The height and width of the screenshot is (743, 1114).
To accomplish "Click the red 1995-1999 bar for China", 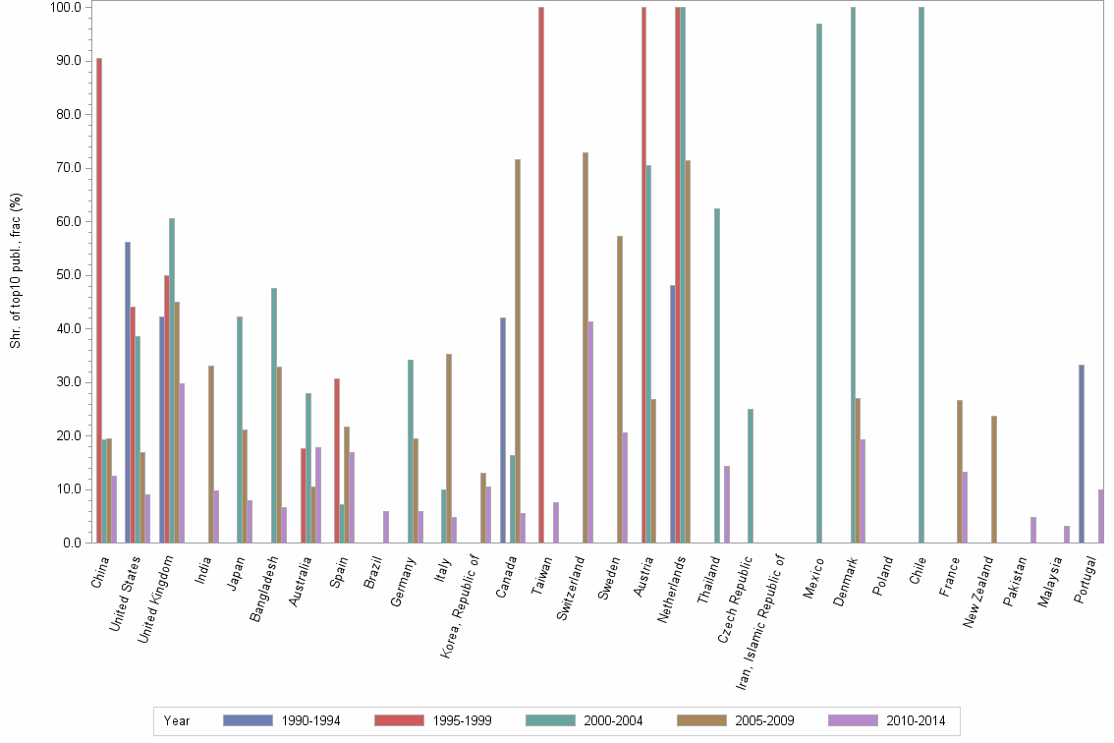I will tap(99, 300).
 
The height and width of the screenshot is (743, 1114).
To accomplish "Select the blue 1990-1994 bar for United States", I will tap(128, 392).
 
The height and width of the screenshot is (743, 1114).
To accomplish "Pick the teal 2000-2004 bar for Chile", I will tap(921, 275).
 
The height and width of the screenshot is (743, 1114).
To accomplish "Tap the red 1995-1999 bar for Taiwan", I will tap(541, 275).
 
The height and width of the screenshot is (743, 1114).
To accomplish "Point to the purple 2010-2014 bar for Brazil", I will tap(386, 527).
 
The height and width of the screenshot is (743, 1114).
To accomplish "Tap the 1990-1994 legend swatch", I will tap(249, 720).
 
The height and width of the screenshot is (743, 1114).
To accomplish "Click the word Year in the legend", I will tap(177, 721).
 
